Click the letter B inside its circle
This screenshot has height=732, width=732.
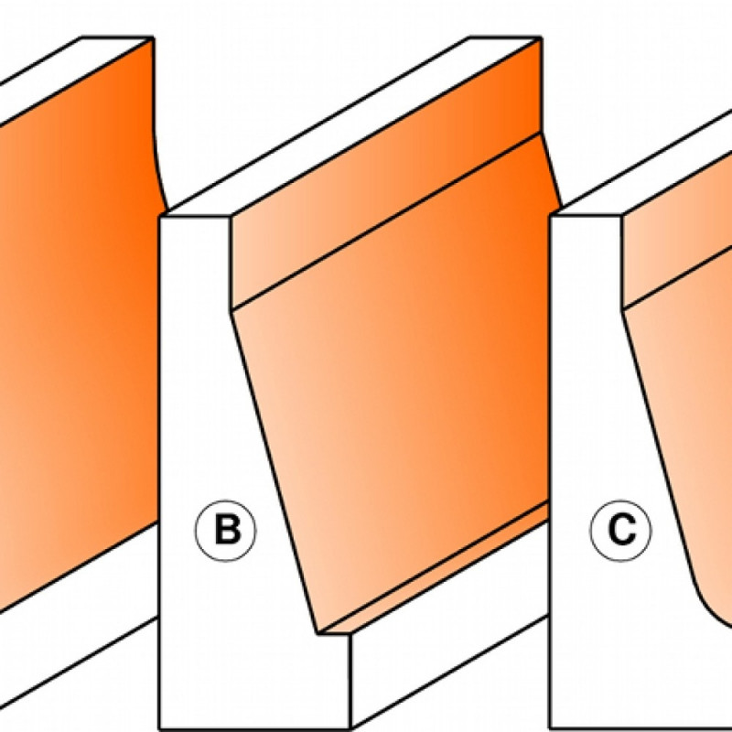coord(227,530)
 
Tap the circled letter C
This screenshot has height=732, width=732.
coord(620,531)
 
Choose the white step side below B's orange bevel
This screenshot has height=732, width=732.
coord(448,673)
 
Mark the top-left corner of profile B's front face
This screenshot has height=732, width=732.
coord(160,216)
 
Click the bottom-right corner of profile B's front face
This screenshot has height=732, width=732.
coord(350,728)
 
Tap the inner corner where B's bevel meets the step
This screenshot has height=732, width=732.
coord(318,633)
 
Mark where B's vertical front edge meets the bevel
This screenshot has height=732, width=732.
coord(231,310)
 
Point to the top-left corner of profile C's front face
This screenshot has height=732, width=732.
coord(551,216)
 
